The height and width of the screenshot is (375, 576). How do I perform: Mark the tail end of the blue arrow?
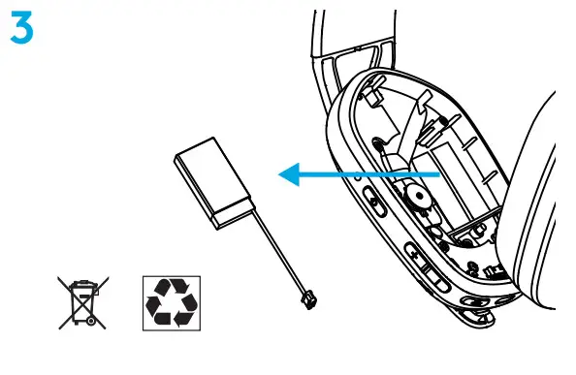pos(442,174)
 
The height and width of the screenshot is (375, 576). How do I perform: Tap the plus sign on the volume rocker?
pos(413,255)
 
